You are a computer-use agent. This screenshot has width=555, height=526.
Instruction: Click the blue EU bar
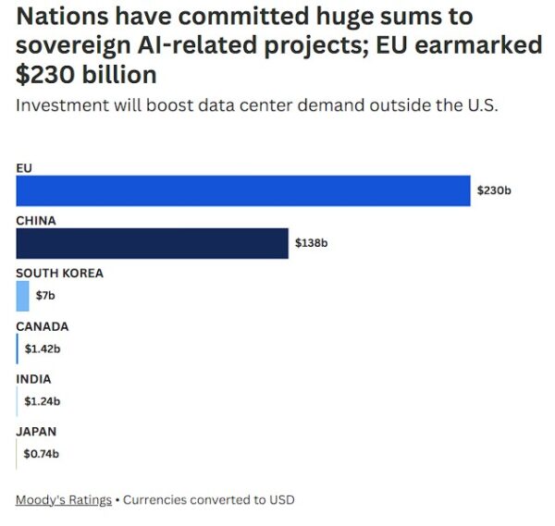242,190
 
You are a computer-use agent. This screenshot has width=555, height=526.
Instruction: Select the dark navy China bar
152,243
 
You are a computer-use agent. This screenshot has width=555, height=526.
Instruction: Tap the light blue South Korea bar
22,296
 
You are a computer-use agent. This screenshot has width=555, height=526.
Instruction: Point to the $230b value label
494,190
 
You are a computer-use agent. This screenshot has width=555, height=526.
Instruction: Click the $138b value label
312,243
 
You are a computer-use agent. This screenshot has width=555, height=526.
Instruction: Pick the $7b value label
45,296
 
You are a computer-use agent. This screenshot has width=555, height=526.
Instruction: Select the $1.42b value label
42,349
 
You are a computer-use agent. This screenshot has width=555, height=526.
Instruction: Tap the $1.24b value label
42,401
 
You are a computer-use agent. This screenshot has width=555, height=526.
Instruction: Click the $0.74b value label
42,454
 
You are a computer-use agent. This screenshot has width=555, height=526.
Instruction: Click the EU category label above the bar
23,167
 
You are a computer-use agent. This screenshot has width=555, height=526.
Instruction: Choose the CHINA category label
36,220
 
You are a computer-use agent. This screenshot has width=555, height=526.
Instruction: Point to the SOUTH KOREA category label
59,273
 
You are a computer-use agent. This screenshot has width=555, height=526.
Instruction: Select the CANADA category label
42,325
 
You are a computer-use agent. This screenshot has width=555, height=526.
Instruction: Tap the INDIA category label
33,378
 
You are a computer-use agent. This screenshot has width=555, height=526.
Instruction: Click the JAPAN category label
36,431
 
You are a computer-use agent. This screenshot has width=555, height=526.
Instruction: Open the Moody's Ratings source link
63,500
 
